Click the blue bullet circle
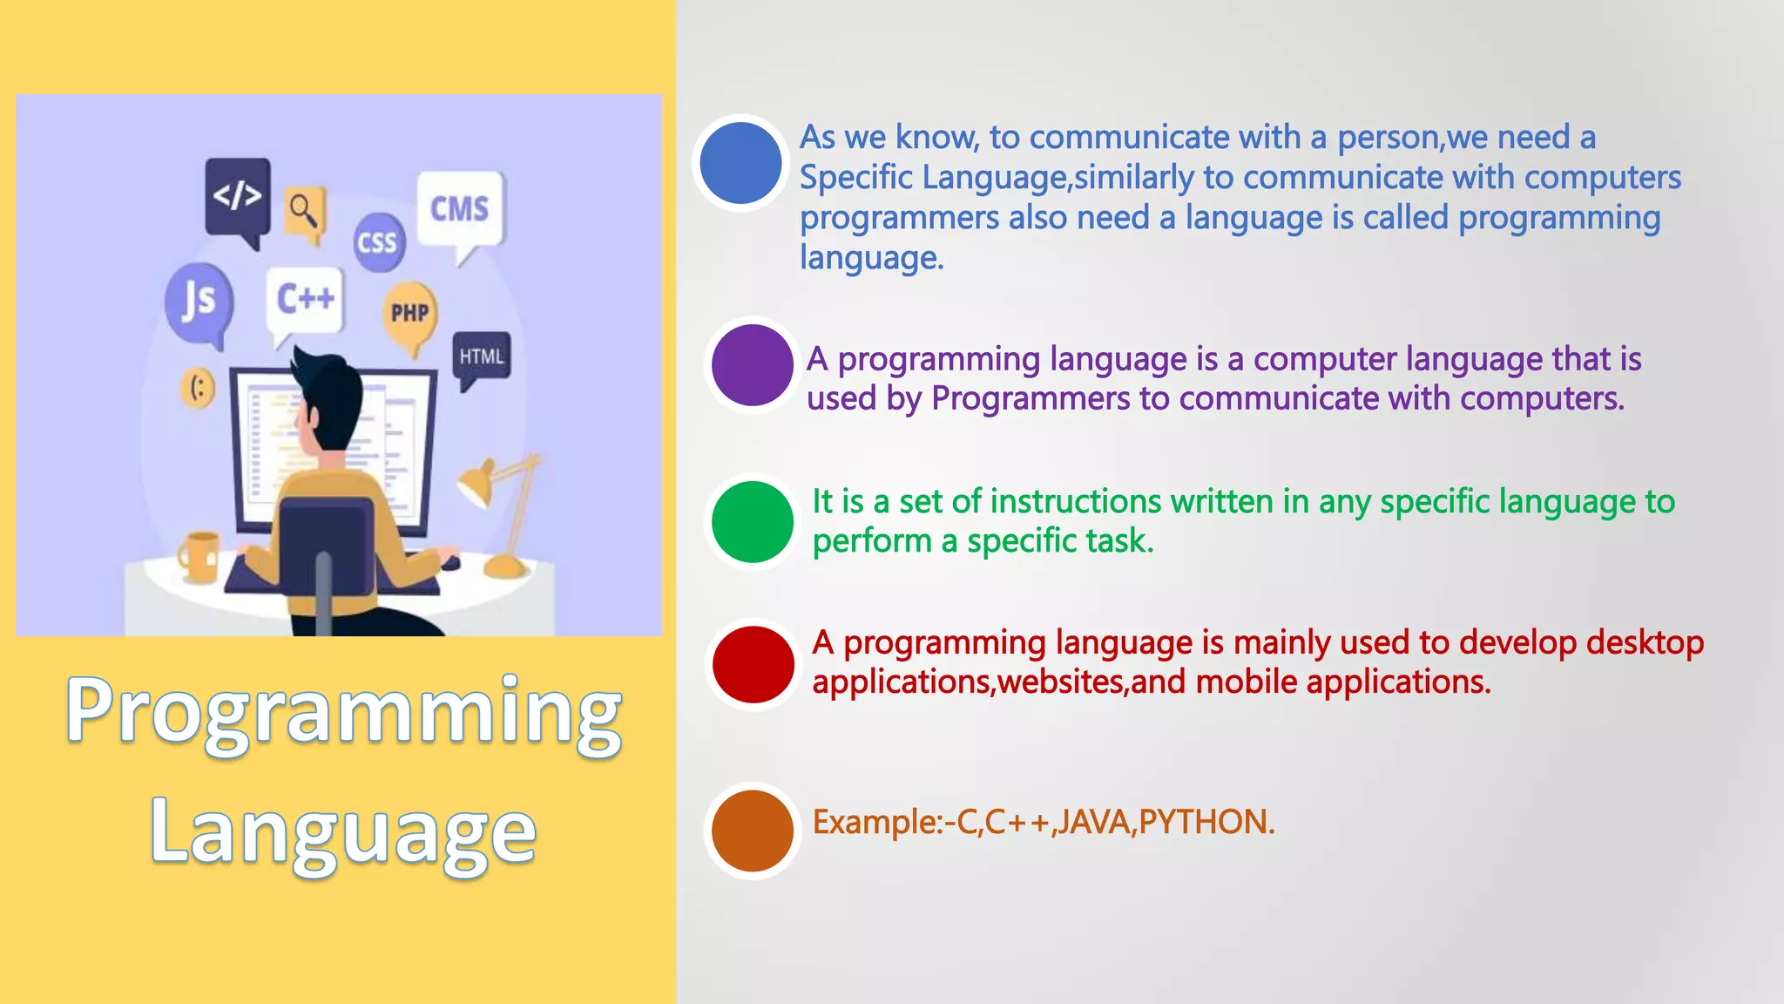point(740,163)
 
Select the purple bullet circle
point(752,365)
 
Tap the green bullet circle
point(752,521)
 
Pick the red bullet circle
point(753,664)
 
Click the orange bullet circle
point(752,831)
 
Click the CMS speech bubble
point(460,209)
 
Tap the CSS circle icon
point(378,242)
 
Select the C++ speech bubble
point(305,299)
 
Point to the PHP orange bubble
point(409,313)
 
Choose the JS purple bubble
point(199,301)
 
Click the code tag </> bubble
point(237,195)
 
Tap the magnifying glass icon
point(304,210)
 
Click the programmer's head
point(327,397)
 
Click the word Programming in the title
point(344,710)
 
